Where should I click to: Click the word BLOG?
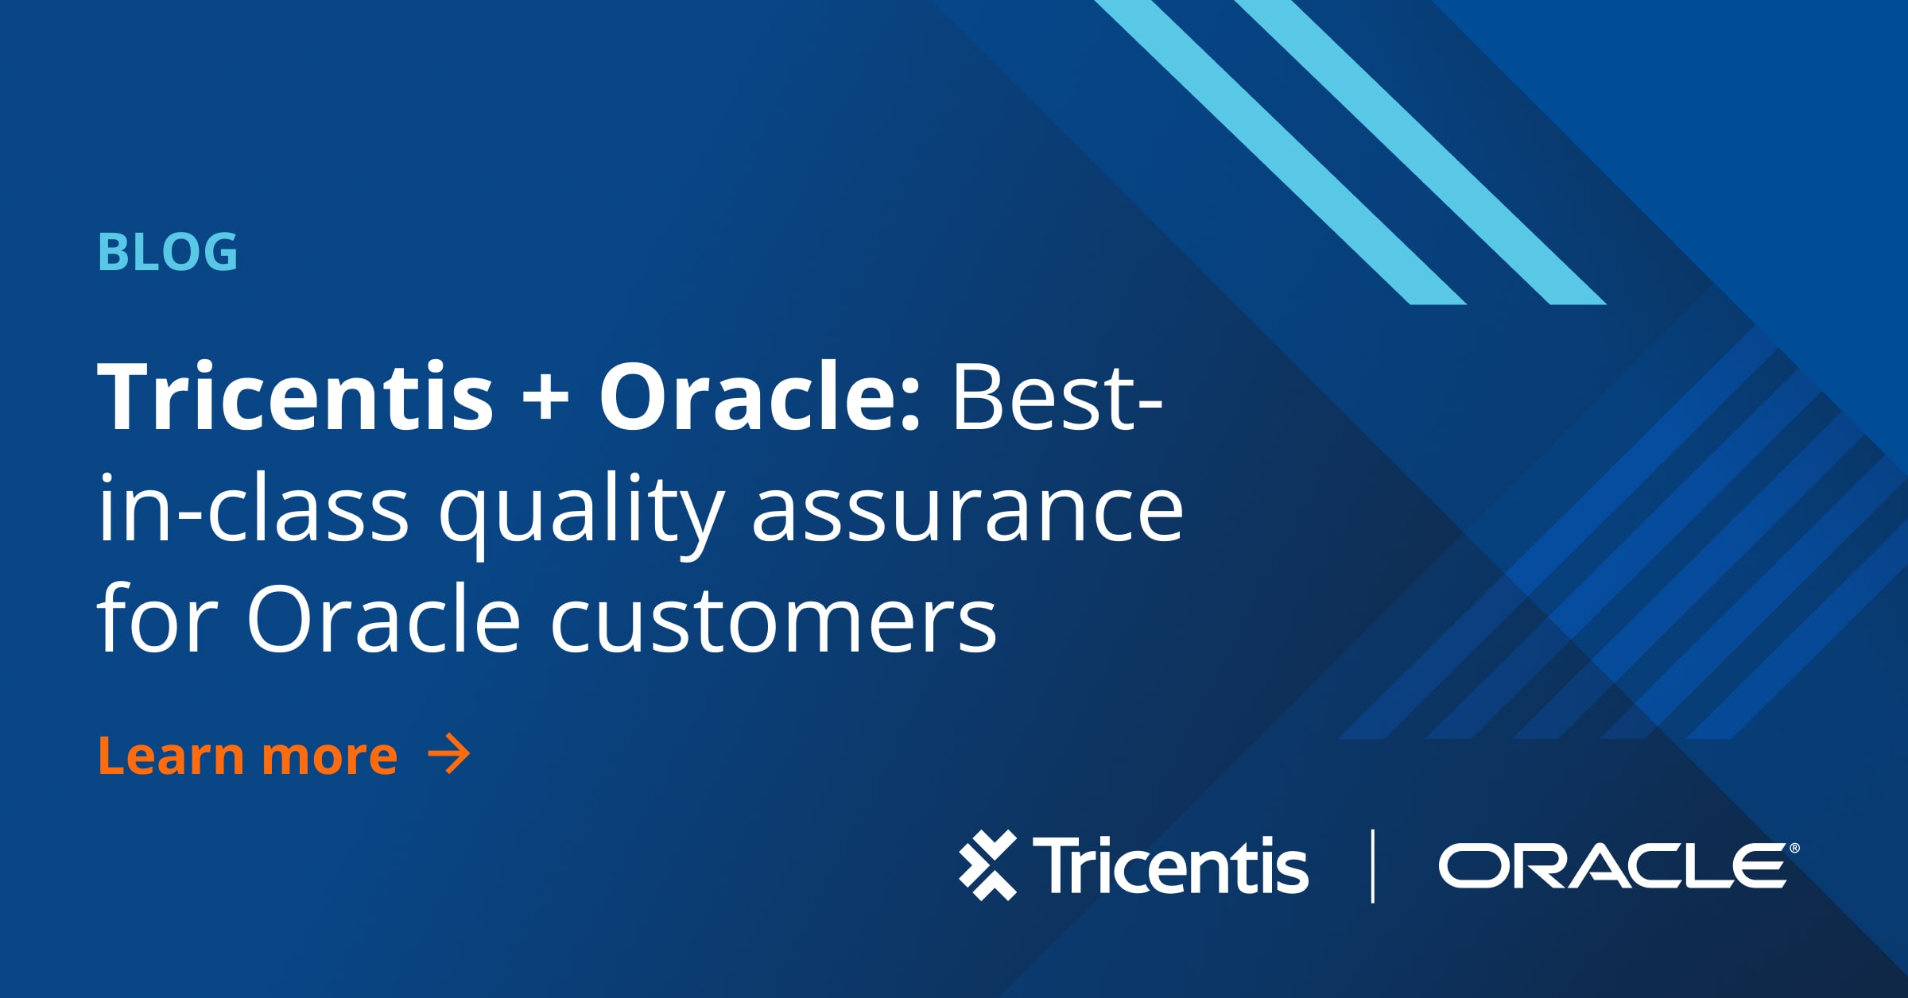coord(168,252)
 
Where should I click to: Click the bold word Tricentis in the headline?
coord(295,396)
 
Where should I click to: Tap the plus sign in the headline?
coord(545,400)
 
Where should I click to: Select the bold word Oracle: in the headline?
coord(759,396)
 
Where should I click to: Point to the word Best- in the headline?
coord(1057,396)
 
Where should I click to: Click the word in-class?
coord(253,508)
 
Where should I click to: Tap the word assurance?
coord(968,512)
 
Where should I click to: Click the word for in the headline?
coord(157,617)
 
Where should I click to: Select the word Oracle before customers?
coord(383,617)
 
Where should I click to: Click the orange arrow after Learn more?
coord(449,754)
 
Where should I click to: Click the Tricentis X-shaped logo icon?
coord(988,865)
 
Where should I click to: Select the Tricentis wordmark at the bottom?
coord(1170,865)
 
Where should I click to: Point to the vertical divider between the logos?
coord(1373,866)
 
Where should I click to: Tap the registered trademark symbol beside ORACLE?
coord(1794,849)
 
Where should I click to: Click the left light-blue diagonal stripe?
coord(1280,152)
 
